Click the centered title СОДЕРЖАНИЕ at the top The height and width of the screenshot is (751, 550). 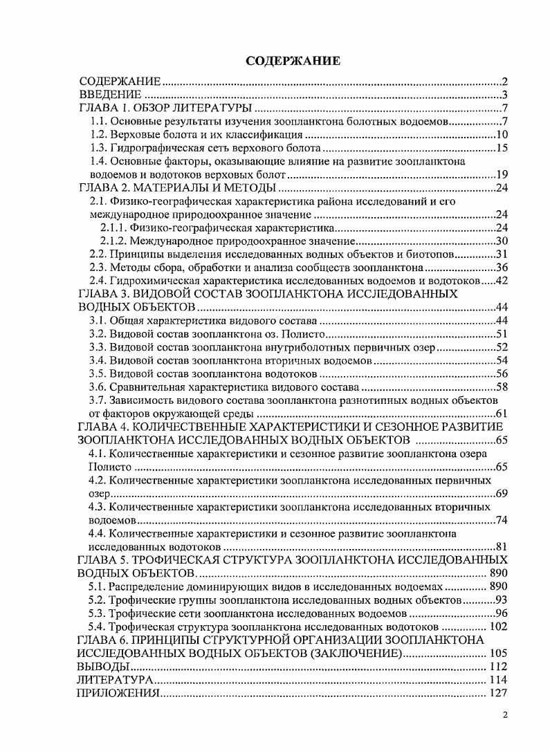pos(293,61)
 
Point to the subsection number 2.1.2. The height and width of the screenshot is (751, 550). pos(113,241)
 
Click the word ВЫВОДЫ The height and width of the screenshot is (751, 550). pos(104,667)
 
